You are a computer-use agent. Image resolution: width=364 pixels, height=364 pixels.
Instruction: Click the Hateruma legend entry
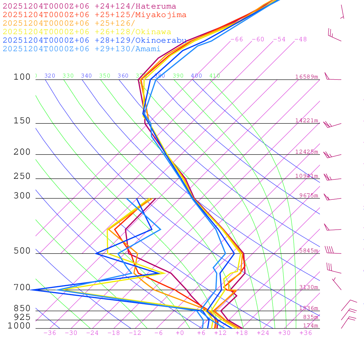[89, 6]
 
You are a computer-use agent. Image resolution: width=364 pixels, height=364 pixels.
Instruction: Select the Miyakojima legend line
[94, 15]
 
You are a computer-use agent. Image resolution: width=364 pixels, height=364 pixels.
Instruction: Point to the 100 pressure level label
[22, 77]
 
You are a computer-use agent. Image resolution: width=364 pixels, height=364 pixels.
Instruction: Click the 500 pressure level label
[22, 251]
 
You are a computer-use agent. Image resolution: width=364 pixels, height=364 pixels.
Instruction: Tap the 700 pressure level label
[22, 287]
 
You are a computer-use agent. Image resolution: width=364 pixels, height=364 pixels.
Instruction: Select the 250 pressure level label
[22, 176]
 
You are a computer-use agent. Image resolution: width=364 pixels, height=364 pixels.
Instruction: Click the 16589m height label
[306, 77]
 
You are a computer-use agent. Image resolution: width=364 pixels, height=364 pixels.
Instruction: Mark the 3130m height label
[309, 287]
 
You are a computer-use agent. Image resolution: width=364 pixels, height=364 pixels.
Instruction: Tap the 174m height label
[310, 326]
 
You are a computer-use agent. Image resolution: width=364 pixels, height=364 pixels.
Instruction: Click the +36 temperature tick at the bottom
[305, 333]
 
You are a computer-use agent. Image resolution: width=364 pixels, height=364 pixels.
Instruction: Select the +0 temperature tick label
[180, 333]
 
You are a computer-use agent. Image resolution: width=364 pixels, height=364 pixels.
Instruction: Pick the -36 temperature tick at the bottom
[49, 333]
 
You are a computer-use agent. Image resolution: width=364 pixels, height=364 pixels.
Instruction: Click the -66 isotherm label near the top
[237, 39]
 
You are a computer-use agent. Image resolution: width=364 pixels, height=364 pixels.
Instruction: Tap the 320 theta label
[50, 76]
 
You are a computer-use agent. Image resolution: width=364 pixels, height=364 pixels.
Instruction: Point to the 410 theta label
[215, 76]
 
